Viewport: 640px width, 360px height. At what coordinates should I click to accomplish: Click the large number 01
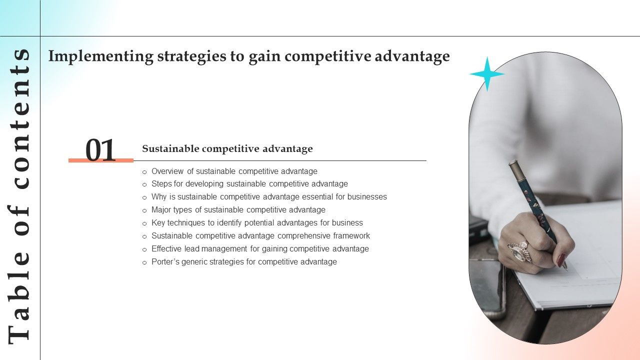point(100,150)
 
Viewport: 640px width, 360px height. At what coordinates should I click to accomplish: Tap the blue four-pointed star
point(487,74)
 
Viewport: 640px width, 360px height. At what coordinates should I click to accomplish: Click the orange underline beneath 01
point(101,160)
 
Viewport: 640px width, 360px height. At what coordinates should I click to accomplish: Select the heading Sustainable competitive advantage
point(227,148)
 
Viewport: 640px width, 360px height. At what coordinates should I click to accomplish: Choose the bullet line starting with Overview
point(234,171)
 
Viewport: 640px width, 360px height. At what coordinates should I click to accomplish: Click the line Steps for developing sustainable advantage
point(249,184)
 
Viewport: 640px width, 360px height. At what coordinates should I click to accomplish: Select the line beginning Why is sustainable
point(269,197)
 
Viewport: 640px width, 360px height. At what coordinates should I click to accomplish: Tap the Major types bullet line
point(238,210)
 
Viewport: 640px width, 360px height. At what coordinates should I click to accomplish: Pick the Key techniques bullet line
point(257,223)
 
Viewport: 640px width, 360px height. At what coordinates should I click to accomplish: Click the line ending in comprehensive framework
point(260,236)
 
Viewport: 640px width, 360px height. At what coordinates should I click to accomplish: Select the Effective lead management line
point(260,249)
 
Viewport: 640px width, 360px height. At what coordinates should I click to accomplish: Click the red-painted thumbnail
point(561,259)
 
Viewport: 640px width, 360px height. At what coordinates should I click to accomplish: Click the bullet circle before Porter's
point(144,262)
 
